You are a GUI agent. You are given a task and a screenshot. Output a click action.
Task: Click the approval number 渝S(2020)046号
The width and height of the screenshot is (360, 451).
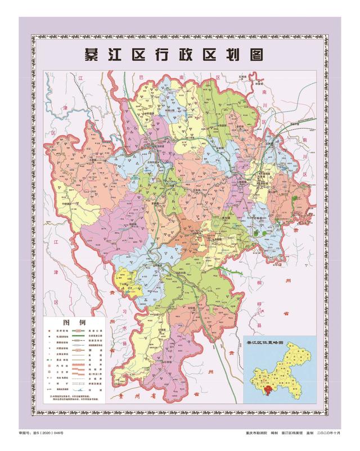coord(49,432)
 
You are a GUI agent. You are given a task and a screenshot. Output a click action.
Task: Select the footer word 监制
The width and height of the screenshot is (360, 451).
coord(309,432)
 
